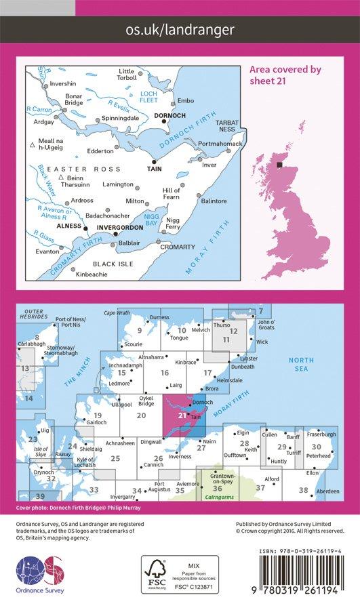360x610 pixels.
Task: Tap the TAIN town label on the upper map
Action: coord(156,171)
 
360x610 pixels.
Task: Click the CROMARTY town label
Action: coord(178,247)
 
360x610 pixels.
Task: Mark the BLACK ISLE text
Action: coord(115,264)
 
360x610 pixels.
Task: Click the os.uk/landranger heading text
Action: coord(180,29)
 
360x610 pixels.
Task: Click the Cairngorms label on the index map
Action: coord(218,497)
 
